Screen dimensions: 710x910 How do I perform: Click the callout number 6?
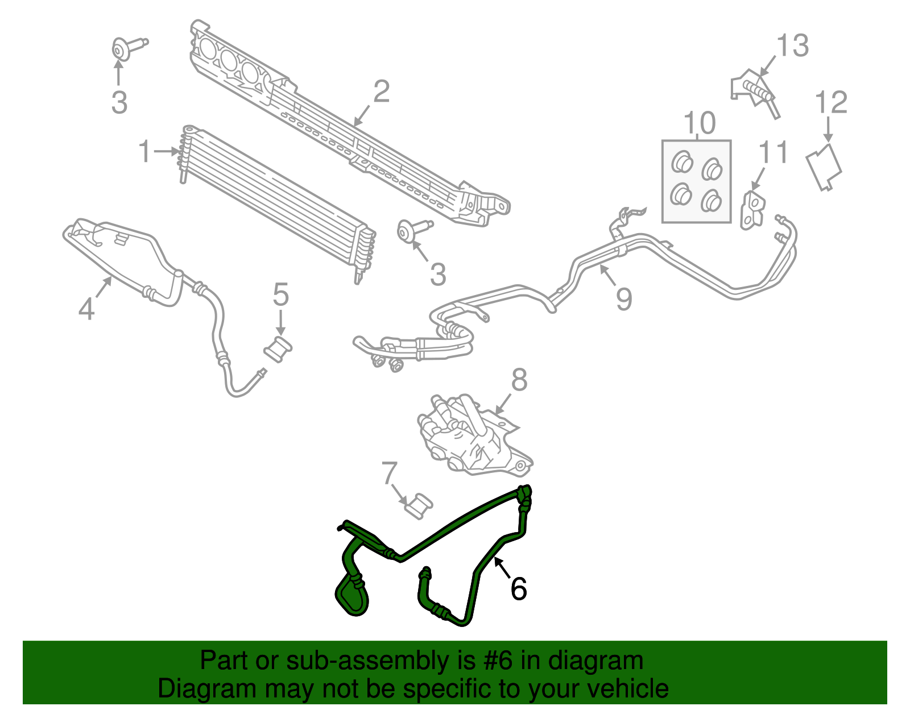[518, 589]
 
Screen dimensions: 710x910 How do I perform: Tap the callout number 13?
[792, 45]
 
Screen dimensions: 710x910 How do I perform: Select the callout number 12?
[831, 103]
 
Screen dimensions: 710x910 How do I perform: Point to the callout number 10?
[699, 123]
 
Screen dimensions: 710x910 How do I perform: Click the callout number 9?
[624, 298]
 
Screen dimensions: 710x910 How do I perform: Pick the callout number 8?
[519, 380]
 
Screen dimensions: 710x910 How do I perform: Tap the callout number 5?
[280, 295]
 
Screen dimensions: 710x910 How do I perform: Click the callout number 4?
[86, 309]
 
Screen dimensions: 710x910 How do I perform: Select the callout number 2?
[381, 92]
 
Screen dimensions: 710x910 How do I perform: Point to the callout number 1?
[146, 152]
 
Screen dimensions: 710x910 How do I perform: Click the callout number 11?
[773, 152]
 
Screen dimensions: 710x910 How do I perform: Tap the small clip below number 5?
[279, 348]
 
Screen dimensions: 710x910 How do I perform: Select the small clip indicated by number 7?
[419, 505]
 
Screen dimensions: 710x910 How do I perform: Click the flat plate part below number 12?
[824, 167]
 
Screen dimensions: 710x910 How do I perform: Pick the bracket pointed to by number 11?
[752, 210]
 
